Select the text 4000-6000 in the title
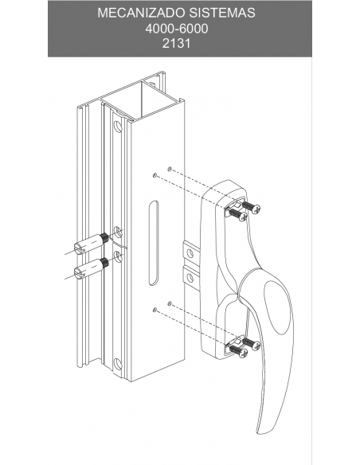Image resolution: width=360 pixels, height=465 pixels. (177, 29)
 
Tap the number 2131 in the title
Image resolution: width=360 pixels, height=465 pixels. (176, 43)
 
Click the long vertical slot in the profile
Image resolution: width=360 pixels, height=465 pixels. (153, 243)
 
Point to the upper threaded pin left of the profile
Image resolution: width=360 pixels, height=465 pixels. (91, 244)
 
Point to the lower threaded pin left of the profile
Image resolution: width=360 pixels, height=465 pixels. (91, 268)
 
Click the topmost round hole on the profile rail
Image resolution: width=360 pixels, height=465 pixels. (118, 127)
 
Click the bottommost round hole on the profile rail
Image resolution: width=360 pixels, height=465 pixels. (118, 364)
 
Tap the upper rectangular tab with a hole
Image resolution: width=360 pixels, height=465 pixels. (190, 252)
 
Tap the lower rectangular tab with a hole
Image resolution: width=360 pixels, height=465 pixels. (190, 277)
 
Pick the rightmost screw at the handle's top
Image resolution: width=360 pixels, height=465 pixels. (252, 207)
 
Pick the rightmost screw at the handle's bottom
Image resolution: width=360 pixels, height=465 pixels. (252, 343)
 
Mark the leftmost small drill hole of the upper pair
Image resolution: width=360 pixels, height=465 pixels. (155, 175)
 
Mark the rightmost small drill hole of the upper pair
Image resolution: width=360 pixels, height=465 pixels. (170, 169)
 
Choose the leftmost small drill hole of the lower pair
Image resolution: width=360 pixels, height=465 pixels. (155, 310)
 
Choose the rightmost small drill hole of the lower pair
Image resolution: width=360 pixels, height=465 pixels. (170, 303)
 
